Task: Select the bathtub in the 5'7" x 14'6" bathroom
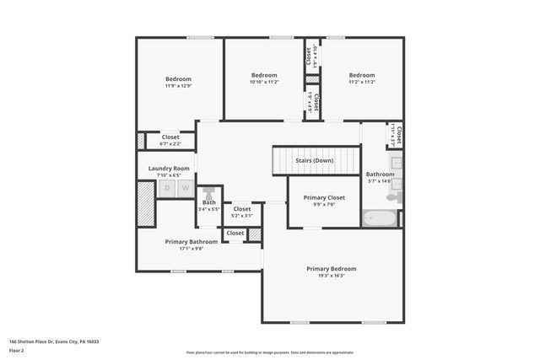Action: pyautogui.click(x=379, y=219)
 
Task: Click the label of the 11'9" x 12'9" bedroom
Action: pyautogui.click(x=178, y=79)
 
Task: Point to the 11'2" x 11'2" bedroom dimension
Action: pyautogui.click(x=362, y=83)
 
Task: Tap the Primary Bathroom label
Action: pyautogui.click(x=192, y=241)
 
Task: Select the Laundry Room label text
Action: pyautogui.click(x=169, y=169)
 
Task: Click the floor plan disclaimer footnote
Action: pyautogui.click(x=270, y=352)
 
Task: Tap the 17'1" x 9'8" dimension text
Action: pyautogui.click(x=192, y=249)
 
